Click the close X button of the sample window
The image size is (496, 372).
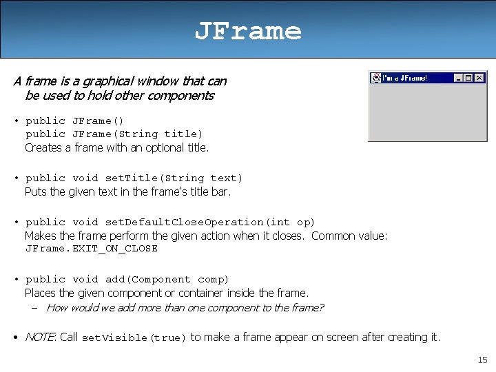click(x=479, y=78)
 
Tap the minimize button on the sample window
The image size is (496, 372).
click(x=458, y=78)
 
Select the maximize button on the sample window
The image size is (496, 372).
click(x=468, y=78)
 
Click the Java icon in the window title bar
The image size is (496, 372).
click(x=375, y=78)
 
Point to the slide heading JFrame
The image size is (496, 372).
click(x=247, y=31)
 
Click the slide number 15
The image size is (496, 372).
click(x=482, y=360)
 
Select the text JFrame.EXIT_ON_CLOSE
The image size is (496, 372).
click(x=92, y=249)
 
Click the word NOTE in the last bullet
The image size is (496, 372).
click(x=40, y=337)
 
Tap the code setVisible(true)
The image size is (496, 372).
click(x=134, y=338)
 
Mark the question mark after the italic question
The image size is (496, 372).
click(x=321, y=308)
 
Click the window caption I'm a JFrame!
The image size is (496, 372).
click(x=405, y=78)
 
